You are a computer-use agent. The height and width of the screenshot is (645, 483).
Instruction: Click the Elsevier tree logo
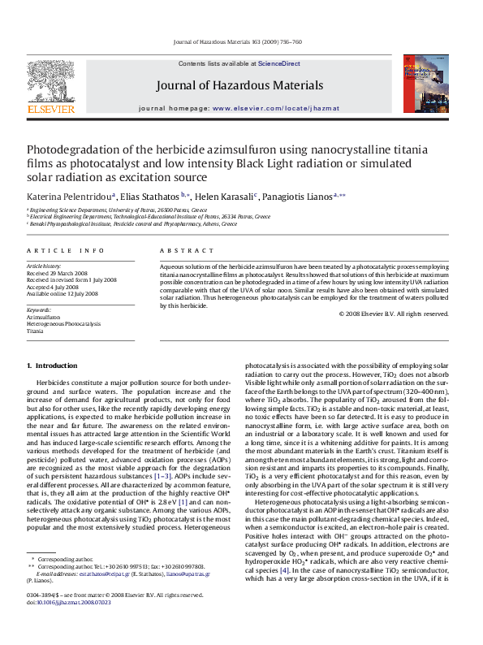coord(50,82)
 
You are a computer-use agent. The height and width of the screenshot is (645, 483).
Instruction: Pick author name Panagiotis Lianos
coord(296,197)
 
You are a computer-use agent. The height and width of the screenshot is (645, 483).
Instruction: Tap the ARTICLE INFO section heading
coord(66,251)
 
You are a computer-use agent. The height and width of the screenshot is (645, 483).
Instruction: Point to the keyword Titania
coord(35,331)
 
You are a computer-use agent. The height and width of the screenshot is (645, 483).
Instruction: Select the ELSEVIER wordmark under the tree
coord(51,109)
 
